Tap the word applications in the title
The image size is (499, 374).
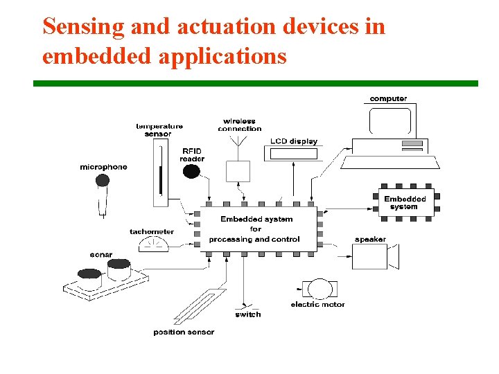click(222, 56)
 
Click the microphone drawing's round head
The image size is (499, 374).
click(103, 181)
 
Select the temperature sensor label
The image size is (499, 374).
click(159, 130)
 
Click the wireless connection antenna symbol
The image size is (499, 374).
click(238, 141)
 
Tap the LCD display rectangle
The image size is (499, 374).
click(294, 154)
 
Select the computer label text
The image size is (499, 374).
click(388, 99)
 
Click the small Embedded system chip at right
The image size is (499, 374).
click(405, 203)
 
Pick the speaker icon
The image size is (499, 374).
click(373, 257)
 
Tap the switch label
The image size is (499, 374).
click(248, 314)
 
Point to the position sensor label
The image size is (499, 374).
click(184, 332)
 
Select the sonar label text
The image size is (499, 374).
click(101, 255)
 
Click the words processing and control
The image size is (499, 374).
click(254, 240)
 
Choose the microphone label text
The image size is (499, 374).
click(104, 167)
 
